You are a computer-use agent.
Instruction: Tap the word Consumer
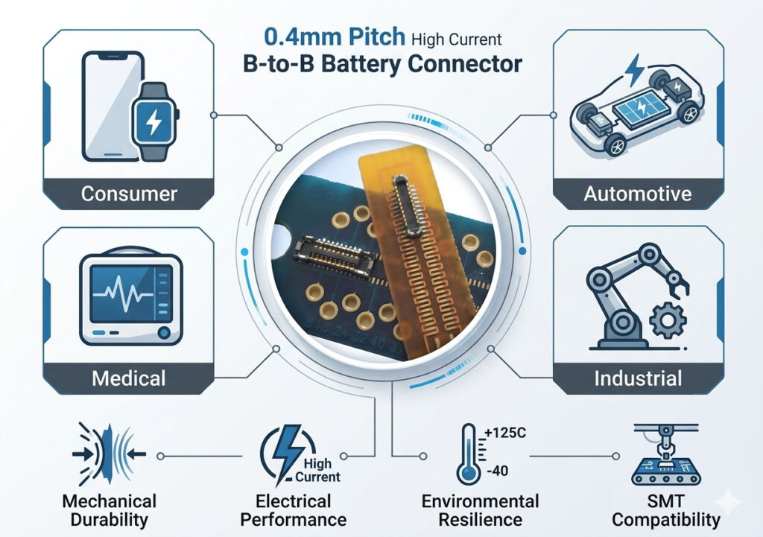coord(129,194)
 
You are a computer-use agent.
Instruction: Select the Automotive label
coord(638,194)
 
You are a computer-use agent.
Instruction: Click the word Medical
coord(128,378)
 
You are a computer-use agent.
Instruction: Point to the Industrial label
coord(638,378)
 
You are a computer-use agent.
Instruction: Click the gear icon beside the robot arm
coord(668,320)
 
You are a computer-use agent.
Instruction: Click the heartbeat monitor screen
coord(131,293)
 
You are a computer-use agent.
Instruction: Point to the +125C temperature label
coord(506,433)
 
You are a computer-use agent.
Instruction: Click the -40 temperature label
coord(497,471)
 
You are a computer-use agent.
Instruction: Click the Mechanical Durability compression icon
coord(109,454)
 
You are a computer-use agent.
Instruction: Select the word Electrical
coord(294,501)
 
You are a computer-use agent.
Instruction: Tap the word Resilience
coord(481,519)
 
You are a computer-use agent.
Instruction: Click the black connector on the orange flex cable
coord(406,206)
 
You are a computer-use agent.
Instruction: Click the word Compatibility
coord(665,520)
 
